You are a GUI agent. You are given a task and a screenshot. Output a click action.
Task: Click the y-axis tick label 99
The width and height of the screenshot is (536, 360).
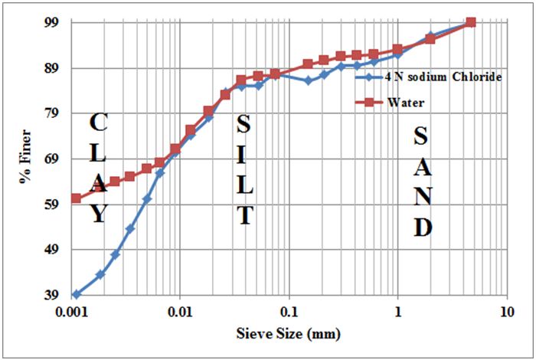click(x=54, y=23)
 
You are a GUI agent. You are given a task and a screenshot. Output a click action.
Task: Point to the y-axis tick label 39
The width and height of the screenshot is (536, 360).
click(x=54, y=295)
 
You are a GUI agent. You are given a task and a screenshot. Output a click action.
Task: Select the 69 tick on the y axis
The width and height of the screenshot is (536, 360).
click(x=54, y=159)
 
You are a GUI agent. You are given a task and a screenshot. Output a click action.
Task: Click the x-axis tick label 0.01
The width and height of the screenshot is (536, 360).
click(x=179, y=312)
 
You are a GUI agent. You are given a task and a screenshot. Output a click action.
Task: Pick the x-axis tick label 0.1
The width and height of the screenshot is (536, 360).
click(x=289, y=312)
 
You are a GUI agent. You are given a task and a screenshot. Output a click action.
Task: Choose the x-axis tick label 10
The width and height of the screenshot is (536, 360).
click(x=505, y=312)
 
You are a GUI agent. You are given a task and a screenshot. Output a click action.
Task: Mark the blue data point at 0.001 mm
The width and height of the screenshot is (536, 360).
click(x=77, y=294)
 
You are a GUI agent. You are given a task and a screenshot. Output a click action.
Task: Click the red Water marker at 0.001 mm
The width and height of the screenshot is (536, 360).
click(x=77, y=198)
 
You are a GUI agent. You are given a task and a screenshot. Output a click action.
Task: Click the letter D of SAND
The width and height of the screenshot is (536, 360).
click(x=423, y=227)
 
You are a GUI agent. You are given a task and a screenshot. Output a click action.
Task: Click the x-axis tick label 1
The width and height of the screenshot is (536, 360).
click(x=397, y=312)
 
